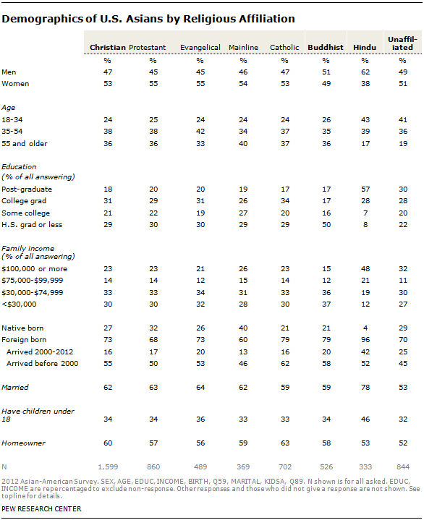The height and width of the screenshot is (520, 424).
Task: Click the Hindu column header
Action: click(x=365, y=48)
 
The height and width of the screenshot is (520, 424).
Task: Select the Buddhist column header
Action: click(x=326, y=48)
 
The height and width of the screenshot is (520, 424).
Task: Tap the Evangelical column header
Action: click(x=200, y=48)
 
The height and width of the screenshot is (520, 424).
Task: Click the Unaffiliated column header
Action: click(x=402, y=43)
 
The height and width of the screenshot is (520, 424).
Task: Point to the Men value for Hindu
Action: click(x=365, y=72)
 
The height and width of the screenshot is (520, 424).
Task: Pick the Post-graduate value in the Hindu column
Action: click(x=365, y=189)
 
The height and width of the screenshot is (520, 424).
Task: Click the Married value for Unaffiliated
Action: click(x=403, y=387)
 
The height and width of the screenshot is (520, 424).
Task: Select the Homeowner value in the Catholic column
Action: click(x=285, y=443)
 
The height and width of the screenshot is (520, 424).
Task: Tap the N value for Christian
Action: click(x=108, y=467)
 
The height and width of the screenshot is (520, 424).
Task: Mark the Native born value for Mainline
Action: click(x=243, y=328)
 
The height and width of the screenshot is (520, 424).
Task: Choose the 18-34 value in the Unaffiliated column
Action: click(x=403, y=120)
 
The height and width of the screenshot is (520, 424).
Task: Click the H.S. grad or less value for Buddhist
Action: click(x=326, y=224)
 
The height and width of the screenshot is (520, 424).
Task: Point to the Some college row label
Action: click(x=25, y=213)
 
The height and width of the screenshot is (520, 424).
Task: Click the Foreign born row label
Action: click(x=24, y=340)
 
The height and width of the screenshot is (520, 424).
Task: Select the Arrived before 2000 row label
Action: click(x=42, y=364)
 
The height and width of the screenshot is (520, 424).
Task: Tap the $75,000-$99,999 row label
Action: click(x=32, y=281)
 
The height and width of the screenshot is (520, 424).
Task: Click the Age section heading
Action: click(x=8, y=108)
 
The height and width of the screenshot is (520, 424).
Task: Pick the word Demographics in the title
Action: click(x=42, y=20)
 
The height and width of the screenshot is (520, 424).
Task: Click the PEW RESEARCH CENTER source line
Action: click(x=41, y=508)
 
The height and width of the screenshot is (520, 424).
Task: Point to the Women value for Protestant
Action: click(x=153, y=84)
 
